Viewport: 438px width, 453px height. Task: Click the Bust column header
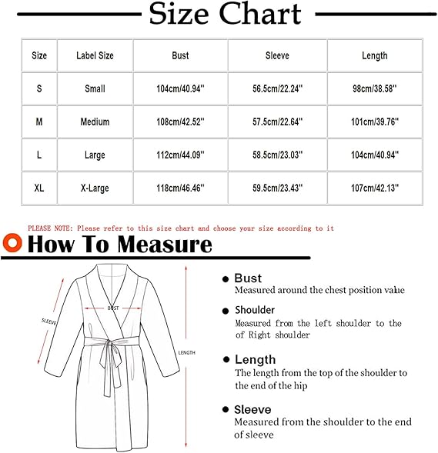180,55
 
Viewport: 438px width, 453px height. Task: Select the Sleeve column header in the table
277,55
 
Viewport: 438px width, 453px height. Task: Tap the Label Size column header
95,55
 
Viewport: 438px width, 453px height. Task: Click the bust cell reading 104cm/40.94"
180,88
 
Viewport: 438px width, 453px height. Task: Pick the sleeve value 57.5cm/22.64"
277,122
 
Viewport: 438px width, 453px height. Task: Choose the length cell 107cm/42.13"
375,188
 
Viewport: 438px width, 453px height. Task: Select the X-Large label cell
95,188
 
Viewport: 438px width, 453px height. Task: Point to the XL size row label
39,188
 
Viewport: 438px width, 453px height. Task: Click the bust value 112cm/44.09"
180,155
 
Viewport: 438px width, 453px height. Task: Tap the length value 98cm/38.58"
375,88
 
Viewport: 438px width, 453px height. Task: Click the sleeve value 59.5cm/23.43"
277,188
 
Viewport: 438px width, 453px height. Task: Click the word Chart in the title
260,14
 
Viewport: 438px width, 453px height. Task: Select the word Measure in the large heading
165,245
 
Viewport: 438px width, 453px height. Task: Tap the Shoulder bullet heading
255,310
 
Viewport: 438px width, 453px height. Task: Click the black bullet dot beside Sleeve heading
226,409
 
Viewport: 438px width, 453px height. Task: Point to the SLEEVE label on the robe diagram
48,321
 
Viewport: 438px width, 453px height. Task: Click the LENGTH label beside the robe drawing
186,352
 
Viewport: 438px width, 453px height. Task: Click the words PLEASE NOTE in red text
50,228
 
